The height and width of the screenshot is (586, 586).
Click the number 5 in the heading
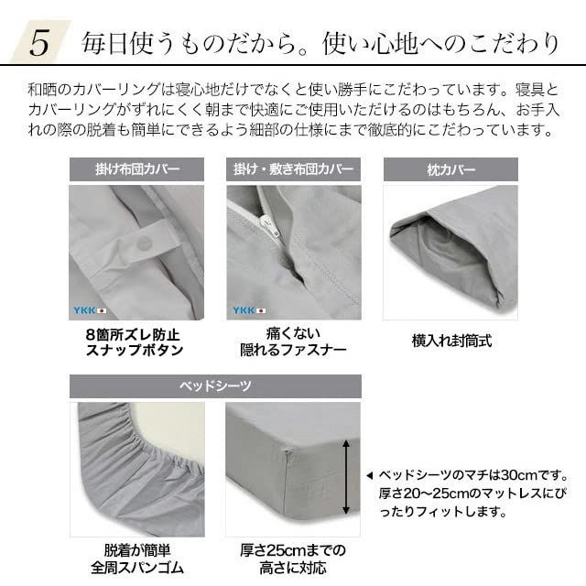coord(39,43)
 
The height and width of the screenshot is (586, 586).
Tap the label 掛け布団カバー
coord(137,170)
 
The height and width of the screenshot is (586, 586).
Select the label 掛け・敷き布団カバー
coord(293,170)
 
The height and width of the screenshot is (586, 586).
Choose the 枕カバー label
coord(450,170)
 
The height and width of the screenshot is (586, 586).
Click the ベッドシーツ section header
coord(215,385)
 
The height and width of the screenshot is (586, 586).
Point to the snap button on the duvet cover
coord(144,243)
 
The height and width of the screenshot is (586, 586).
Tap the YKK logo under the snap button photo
coord(90,310)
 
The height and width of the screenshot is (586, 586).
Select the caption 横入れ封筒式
coord(451,342)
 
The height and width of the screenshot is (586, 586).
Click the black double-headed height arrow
coord(346,476)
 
